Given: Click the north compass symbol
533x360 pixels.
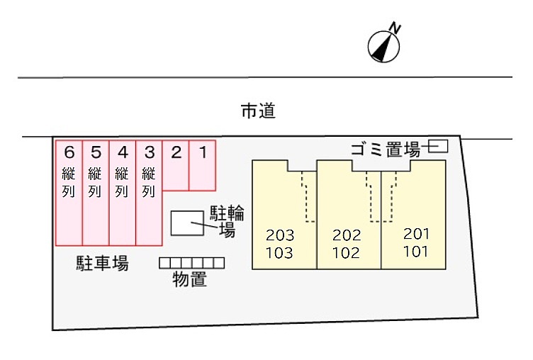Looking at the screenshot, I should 384,45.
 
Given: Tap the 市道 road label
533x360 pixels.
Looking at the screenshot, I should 258,111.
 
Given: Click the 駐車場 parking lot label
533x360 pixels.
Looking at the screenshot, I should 102,264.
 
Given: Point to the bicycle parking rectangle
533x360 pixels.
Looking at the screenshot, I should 185,223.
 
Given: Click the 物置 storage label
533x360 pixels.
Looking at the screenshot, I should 190,279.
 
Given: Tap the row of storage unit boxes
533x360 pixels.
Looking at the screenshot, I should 191,263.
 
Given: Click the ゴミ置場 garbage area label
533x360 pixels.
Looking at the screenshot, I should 385,149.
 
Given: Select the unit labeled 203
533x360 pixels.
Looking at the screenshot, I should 279,235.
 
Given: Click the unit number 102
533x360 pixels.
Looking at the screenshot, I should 346,252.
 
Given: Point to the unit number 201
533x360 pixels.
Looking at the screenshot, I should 415,233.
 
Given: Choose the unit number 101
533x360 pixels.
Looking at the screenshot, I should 415,251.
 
